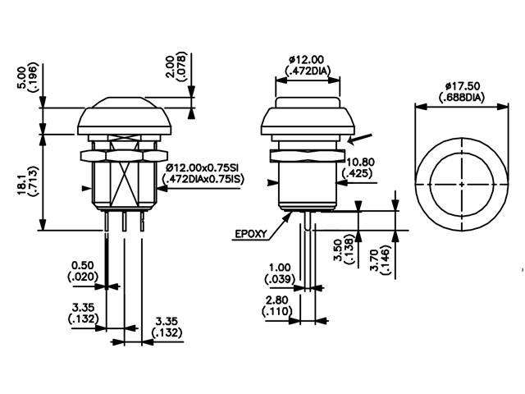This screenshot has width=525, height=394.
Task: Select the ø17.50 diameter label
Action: pos(449,85)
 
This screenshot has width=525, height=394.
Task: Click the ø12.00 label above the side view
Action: pos(308,59)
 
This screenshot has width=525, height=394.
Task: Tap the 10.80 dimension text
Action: pos(362,163)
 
